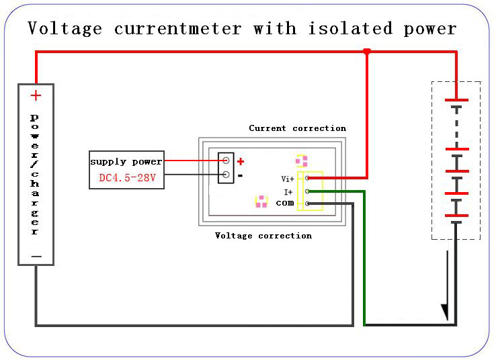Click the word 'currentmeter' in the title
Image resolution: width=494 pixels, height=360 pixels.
click(177, 29)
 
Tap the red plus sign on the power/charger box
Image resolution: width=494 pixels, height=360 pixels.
click(36, 95)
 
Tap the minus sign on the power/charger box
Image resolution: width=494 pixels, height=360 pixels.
click(36, 257)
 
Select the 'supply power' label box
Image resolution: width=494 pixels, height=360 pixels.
click(126, 162)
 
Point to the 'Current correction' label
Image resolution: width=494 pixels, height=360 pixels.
click(297, 128)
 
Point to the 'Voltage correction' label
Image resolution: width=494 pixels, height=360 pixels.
click(263, 236)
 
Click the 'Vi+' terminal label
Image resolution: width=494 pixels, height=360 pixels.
click(288, 179)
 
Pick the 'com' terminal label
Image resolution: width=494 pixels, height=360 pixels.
click(285, 203)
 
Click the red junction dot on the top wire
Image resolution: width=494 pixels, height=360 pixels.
click(366, 52)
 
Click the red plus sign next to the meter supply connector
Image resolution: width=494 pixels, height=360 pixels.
click(241, 162)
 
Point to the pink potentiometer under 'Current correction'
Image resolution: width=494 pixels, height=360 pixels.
click(302, 161)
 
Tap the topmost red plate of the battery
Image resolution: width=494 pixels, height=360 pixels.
click(456, 99)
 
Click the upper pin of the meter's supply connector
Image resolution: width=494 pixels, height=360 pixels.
click(226, 161)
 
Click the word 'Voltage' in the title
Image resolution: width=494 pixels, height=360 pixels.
click(65, 29)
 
